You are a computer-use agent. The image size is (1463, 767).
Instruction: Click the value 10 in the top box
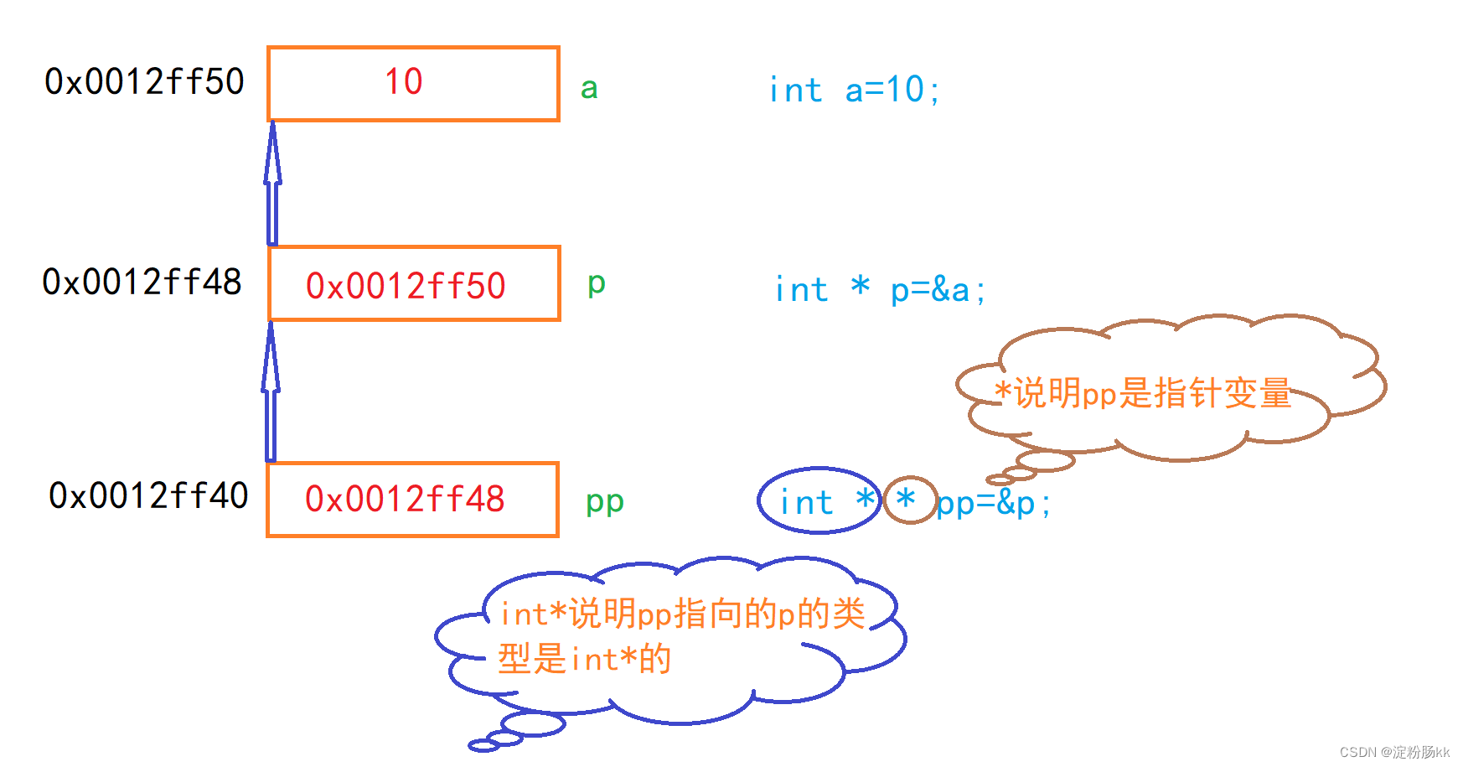tap(403, 82)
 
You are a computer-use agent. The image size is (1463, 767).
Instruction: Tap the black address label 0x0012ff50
tap(144, 82)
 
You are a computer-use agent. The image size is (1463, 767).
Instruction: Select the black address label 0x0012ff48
tap(142, 282)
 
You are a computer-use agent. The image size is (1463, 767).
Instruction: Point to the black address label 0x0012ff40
tap(148, 496)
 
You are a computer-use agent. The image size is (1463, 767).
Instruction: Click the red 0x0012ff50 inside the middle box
tap(406, 286)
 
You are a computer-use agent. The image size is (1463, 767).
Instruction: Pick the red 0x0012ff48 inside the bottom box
tap(405, 500)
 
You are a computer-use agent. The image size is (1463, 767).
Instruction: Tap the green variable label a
tap(589, 89)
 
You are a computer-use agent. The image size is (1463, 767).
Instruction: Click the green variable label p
tap(596, 284)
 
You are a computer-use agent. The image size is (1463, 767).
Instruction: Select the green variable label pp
tap(604, 502)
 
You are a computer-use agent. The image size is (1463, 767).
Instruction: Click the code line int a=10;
tap(854, 91)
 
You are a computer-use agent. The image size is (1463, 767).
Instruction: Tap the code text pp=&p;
tap(994, 504)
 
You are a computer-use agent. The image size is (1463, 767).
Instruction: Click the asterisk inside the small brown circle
tap(906, 499)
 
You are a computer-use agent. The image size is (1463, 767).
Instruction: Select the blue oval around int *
tap(819, 501)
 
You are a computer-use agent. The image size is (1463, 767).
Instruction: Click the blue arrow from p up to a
tap(272, 184)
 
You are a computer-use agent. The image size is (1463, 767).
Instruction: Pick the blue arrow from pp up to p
tap(271, 391)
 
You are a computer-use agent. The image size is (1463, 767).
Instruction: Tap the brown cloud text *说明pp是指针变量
tap(1143, 393)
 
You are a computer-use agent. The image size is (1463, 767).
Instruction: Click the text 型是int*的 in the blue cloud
tap(584, 660)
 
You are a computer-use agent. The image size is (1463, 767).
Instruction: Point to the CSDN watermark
tap(1394, 752)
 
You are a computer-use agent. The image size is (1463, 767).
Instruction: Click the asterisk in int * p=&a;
tap(860, 287)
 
